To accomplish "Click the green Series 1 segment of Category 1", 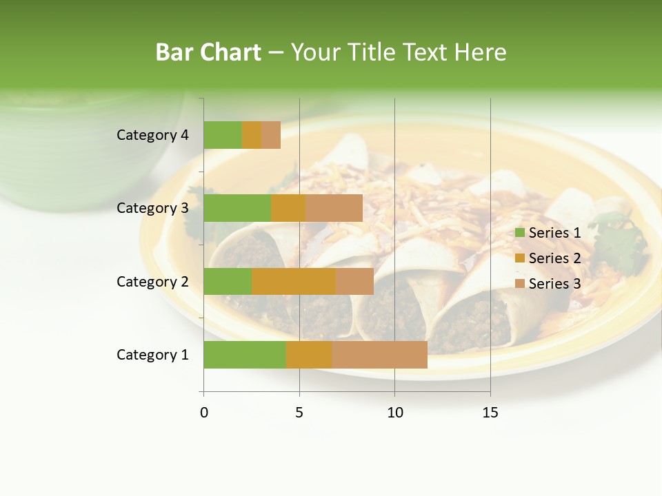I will pyautogui.click(x=245, y=355).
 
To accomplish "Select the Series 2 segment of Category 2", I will pyautogui.click(x=294, y=281).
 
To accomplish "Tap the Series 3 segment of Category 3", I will pyautogui.click(x=334, y=208).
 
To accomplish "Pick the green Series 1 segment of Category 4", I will pyautogui.click(x=223, y=135).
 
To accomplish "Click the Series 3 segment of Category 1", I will pyautogui.click(x=379, y=355).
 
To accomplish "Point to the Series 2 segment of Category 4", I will pyautogui.click(x=252, y=135).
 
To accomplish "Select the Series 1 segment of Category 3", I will pyautogui.click(x=237, y=208).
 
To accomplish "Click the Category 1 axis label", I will pyautogui.click(x=152, y=355).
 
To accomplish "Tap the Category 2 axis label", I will pyautogui.click(x=152, y=281).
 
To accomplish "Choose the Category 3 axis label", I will pyautogui.click(x=152, y=208).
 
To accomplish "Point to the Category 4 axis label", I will pyautogui.click(x=152, y=135).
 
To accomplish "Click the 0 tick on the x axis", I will pyautogui.click(x=204, y=413).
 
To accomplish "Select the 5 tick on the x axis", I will pyautogui.click(x=299, y=413).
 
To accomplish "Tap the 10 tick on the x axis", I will pyautogui.click(x=394, y=413).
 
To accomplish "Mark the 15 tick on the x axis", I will pyautogui.click(x=490, y=413).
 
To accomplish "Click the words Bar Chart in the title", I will pyautogui.click(x=208, y=52).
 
